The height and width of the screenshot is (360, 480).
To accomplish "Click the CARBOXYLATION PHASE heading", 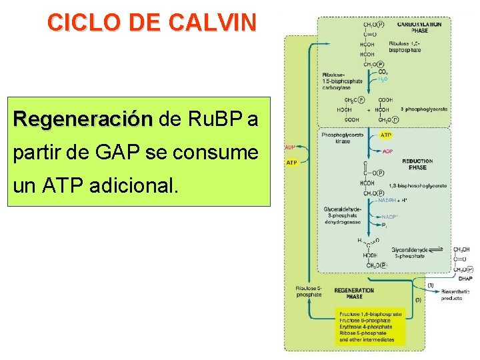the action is (x=419, y=27).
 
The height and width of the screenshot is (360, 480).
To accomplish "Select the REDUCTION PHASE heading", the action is (x=417, y=164).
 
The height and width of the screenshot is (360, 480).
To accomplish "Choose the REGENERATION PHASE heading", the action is (x=354, y=293).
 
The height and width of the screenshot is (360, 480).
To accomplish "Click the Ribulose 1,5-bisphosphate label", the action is (x=405, y=47).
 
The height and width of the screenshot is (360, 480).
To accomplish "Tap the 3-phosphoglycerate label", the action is (x=424, y=109).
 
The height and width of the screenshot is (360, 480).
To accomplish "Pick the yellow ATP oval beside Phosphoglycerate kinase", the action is (x=385, y=135).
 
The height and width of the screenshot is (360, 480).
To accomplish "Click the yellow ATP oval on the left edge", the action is (x=291, y=162).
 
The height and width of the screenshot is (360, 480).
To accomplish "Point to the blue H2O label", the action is (x=383, y=79).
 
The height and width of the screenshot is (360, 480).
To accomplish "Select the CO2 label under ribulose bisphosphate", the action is (x=383, y=71).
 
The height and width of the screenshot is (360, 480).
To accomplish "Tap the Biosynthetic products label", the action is (x=455, y=295).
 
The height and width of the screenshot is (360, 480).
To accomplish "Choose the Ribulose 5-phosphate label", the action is (x=309, y=291).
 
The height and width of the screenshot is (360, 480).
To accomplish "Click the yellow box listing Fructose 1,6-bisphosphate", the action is (x=370, y=326).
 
